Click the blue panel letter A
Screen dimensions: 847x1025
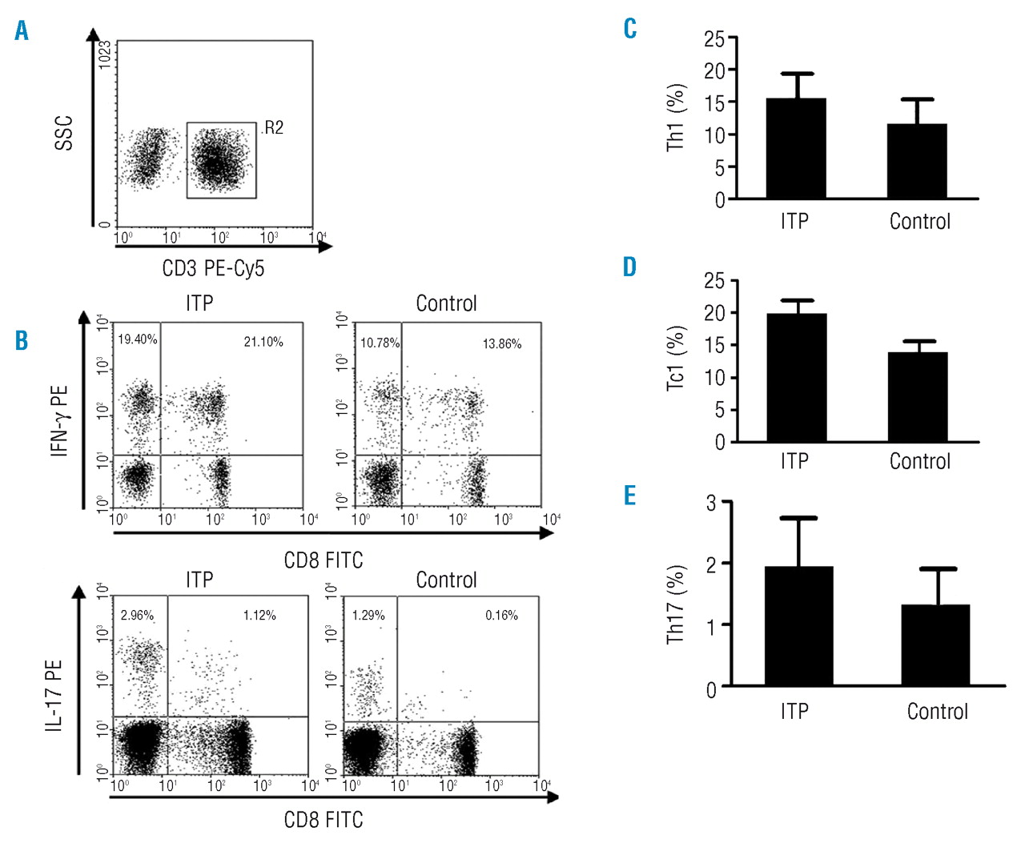[22, 31]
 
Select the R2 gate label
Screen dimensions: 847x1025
[273, 128]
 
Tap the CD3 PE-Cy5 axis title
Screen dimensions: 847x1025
[213, 268]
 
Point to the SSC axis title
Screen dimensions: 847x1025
[64, 133]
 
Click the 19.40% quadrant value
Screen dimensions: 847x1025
[138, 339]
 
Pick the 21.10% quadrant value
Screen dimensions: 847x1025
[263, 342]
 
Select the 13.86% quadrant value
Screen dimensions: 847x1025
[502, 344]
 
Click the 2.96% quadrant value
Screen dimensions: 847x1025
[137, 616]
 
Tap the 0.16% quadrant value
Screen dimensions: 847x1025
[501, 616]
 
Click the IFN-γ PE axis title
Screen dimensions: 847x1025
[60, 420]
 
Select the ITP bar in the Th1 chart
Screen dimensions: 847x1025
[796, 149]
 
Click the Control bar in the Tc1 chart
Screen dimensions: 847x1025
[918, 397]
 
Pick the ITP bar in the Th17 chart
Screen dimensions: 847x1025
[798, 626]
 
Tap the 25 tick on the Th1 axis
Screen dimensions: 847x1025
[714, 38]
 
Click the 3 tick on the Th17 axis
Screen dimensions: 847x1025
[711, 503]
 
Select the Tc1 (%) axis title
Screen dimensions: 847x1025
[677, 359]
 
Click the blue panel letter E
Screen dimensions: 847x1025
[630, 496]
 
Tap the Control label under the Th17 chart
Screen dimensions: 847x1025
[937, 712]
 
